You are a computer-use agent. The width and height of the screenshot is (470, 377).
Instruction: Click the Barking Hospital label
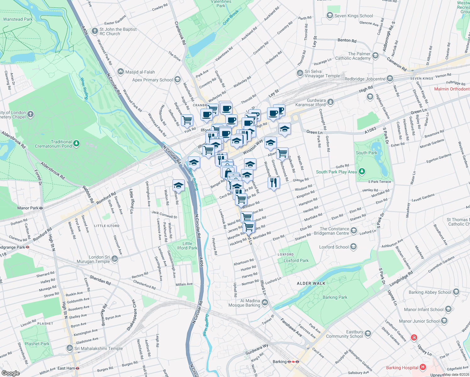pos(402,368)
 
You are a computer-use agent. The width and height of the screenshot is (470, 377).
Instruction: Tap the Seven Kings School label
pos(354,16)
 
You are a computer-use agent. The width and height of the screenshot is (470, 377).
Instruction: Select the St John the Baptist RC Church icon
pos(95,31)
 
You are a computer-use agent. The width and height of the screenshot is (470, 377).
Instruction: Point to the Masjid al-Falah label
pos(140,72)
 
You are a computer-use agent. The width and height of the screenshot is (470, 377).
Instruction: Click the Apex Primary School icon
pos(178,79)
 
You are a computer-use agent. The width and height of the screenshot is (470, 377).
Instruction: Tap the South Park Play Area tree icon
pos(362,172)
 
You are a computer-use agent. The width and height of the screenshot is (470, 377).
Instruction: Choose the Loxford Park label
pos(296,260)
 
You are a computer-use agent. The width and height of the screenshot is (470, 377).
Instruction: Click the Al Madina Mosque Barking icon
pos(265,303)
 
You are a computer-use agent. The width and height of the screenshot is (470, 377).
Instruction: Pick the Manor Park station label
pos(28,208)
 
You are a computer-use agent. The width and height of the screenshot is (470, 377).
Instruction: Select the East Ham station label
pos(66,368)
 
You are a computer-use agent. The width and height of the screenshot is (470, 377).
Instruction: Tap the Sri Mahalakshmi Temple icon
pos(69,348)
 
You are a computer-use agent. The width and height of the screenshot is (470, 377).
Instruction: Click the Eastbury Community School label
pos(344,334)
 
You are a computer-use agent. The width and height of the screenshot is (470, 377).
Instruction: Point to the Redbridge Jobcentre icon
pos(390,78)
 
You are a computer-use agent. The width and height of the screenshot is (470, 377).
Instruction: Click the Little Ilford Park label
pos(187,246)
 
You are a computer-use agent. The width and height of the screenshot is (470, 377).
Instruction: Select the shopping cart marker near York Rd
pos(187,120)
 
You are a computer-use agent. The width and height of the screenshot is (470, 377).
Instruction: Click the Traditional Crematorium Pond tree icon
pos(76,144)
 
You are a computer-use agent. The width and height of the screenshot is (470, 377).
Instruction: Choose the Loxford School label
pos(334,247)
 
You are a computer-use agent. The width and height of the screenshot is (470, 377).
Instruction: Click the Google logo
pos(10,373)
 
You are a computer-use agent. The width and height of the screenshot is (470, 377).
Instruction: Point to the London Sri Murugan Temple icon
pos(115,259)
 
